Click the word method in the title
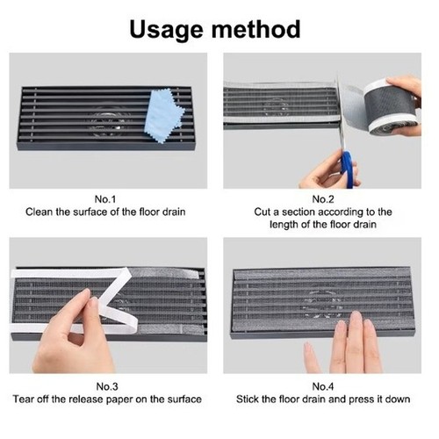point(255,29)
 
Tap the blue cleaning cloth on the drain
point(164,116)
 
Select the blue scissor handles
point(349,169)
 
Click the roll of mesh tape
point(389,108)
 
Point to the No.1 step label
point(105,199)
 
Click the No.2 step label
point(323,199)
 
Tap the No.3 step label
point(107,386)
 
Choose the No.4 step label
point(323,386)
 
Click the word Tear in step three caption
point(22,399)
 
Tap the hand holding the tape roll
point(406,103)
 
